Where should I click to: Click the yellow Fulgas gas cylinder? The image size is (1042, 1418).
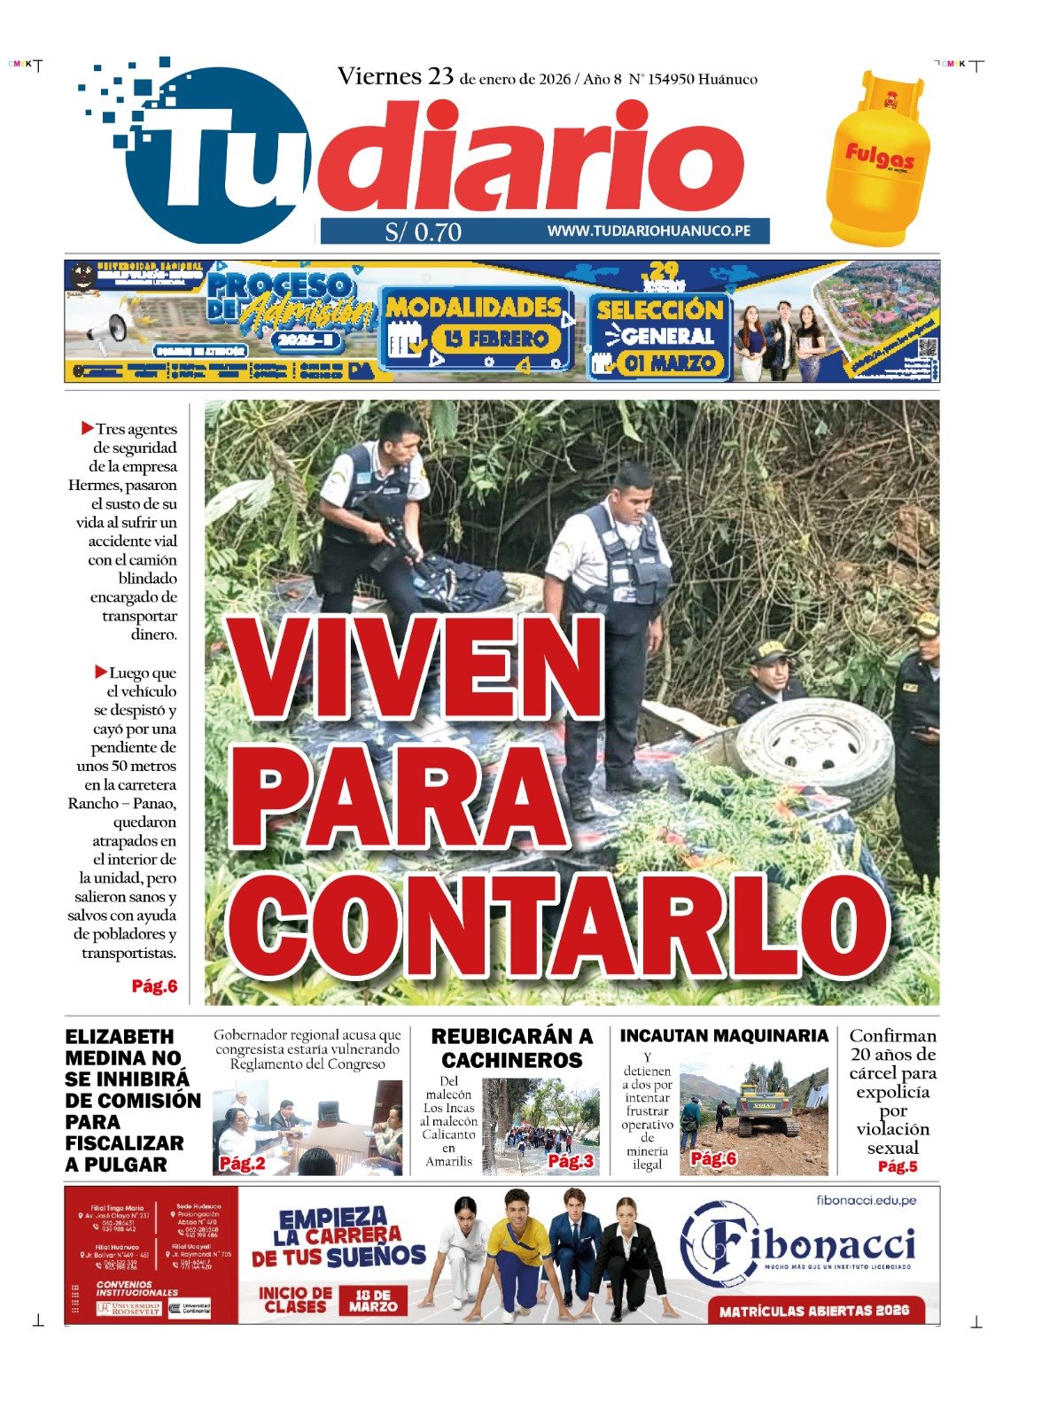click(876, 160)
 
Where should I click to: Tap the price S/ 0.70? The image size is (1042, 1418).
click(424, 232)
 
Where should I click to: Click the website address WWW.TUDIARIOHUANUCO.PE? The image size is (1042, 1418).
click(649, 231)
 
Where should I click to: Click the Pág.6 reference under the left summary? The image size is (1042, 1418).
click(154, 986)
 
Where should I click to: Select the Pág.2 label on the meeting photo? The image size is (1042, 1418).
click(242, 1164)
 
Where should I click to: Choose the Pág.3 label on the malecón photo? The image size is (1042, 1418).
click(570, 1161)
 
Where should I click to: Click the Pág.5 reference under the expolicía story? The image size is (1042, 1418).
click(897, 1166)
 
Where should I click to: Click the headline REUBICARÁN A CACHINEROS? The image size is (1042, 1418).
click(511, 1048)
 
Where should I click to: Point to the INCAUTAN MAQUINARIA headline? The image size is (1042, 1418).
click(723, 1036)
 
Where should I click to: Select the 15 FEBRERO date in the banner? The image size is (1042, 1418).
click(495, 339)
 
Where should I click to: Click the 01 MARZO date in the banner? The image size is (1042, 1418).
click(669, 363)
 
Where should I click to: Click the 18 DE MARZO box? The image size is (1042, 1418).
click(372, 1300)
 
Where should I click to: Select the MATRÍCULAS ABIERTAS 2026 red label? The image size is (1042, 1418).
click(813, 1311)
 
